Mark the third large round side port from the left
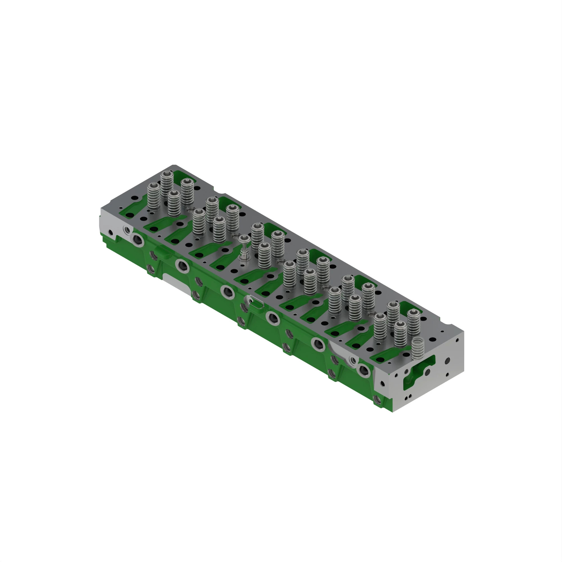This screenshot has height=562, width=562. coord(228,292)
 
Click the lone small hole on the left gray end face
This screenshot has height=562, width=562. coord(110,232)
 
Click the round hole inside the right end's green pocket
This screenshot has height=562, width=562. coord(427,371)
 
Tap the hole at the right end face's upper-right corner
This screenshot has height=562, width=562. coord(457,340)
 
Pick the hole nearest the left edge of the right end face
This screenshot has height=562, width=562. coord(383,384)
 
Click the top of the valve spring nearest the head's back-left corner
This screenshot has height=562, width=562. coord(167,174)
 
